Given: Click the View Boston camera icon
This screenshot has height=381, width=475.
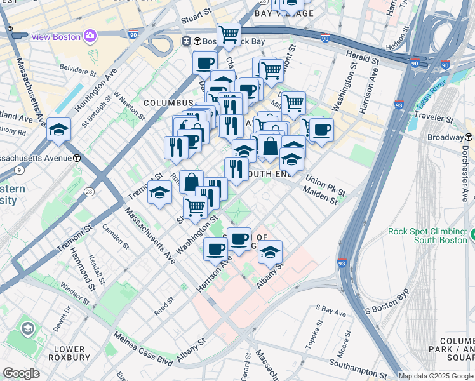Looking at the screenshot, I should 90,36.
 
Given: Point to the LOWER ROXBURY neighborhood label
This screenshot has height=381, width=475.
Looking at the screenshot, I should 70,354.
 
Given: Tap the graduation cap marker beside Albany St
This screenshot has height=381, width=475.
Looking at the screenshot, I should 270,252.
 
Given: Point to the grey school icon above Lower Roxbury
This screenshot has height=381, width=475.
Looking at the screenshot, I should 28,328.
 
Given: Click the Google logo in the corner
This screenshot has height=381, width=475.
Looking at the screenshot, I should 22,373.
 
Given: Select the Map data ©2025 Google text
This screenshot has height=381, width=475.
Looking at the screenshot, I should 436,376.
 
